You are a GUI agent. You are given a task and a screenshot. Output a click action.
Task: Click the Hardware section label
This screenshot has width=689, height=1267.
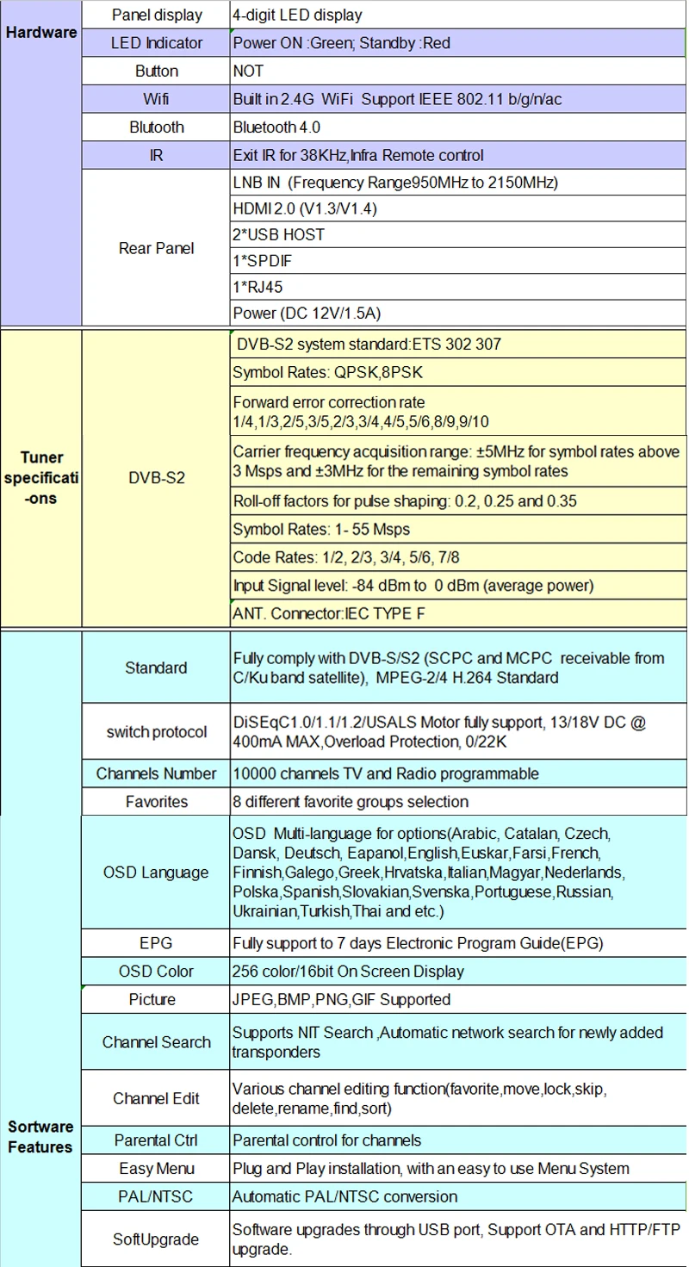click(x=41, y=33)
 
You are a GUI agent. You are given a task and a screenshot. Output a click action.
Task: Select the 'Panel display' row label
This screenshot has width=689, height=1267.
click(x=157, y=15)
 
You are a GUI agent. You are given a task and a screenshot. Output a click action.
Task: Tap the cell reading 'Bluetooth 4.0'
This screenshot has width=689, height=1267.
click(x=276, y=127)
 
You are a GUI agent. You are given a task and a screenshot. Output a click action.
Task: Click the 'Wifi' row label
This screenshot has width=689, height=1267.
click(x=157, y=99)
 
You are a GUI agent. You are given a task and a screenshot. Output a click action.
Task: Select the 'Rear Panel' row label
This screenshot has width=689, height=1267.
click(x=157, y=248)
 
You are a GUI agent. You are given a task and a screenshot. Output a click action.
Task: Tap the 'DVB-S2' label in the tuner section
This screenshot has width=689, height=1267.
click(x=157, y=478)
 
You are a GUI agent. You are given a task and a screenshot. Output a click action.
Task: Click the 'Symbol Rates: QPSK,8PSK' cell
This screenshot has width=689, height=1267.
click(x=327, y=373)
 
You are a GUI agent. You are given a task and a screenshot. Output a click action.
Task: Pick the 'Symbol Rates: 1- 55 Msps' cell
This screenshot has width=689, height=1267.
click(x=321, y=529)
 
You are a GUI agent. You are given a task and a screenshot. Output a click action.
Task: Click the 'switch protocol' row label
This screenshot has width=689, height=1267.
click(x=157, y=732)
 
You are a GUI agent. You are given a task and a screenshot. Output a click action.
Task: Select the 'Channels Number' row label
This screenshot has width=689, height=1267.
click(x=157, y=773)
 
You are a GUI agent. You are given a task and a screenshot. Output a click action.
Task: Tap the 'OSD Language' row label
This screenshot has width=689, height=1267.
click(x=157, y=873)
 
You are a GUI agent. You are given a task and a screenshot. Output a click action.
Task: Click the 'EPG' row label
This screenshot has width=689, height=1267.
click(x=157, y=943)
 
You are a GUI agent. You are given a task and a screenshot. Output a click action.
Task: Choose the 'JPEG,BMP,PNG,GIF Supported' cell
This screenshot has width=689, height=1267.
click(x=341, y=999)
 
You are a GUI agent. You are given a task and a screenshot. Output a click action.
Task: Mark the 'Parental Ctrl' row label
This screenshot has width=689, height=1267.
click(x=157, y=1140)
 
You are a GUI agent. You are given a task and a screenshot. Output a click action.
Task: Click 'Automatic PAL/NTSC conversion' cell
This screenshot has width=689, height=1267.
click(x=344, y=1196)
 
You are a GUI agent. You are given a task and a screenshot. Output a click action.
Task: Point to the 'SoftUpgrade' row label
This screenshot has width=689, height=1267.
click(x=157, y=1239)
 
